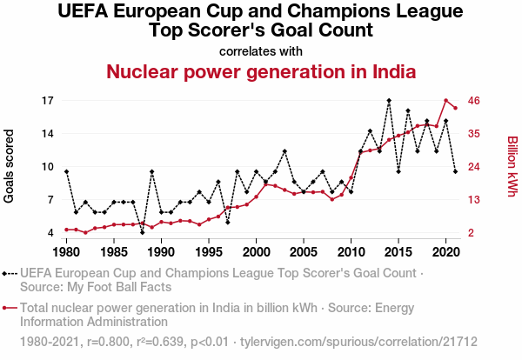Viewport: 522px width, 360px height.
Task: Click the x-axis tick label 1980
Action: (x=66, y=252)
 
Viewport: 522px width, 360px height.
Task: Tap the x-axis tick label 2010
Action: (x=351, y=252)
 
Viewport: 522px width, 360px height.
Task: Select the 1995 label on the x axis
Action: (x=209, y=252)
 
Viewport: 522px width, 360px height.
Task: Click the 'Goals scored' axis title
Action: (x=10, y=167)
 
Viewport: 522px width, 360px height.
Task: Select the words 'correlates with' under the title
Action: (x=261, y=50)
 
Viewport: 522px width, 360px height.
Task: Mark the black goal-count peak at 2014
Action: (x=389, y=101)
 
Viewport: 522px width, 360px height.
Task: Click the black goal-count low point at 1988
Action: (x=142, y=232)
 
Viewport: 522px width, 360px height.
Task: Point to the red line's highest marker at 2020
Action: (x=445, y=101)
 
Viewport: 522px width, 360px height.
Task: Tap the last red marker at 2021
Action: (x=455, y=108)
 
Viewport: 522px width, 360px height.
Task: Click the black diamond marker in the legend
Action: (x=10, y=272)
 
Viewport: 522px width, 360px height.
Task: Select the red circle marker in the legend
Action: (x=10, y=307)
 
